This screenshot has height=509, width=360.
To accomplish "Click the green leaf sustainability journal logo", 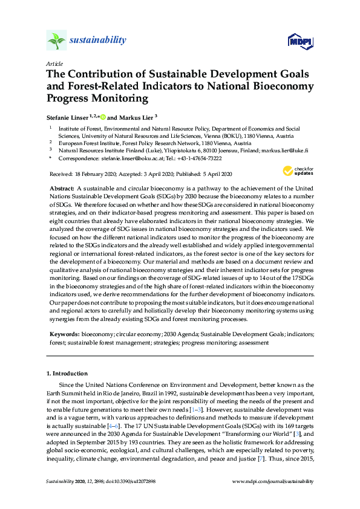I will (56, 41).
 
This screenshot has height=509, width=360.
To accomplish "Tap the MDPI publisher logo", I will (300, 41).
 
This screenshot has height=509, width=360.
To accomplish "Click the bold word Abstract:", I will (62, 189).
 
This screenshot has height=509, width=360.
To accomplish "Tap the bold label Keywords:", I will (64, 333).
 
